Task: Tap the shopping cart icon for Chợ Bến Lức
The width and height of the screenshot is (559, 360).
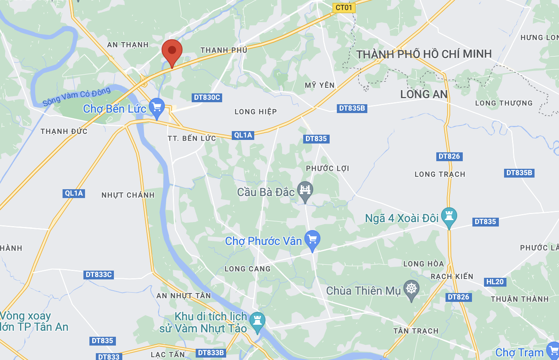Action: click(156, 107)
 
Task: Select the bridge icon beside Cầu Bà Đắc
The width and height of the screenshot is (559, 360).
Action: click(305, 190)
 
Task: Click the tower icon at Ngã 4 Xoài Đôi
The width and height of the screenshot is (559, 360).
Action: click(449, 216)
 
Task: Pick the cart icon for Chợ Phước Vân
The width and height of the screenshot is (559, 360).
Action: click(312, 239)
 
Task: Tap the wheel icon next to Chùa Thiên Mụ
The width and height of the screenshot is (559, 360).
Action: click(411, 289)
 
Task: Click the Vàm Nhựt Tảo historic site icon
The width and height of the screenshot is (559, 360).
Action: click(257, 321)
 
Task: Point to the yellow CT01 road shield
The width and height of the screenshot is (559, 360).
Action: click(344, 8)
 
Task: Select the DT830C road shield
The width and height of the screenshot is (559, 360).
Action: click(207, 97)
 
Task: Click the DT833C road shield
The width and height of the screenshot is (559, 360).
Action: click(99, 275)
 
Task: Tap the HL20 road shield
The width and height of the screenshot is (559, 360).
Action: click(495, 282)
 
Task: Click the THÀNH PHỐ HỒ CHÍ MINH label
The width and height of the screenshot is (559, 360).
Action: click(424, 54)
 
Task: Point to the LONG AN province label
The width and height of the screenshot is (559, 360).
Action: click(424, 95)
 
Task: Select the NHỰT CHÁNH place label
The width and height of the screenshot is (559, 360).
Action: click(128, 195)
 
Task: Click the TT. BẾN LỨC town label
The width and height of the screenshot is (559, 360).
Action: click(192, 138)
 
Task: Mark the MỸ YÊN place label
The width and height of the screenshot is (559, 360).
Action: click(320, 85)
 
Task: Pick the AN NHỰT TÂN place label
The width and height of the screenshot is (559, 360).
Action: click(183, 296)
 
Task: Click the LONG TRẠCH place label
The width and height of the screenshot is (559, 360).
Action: click(440, 174)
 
